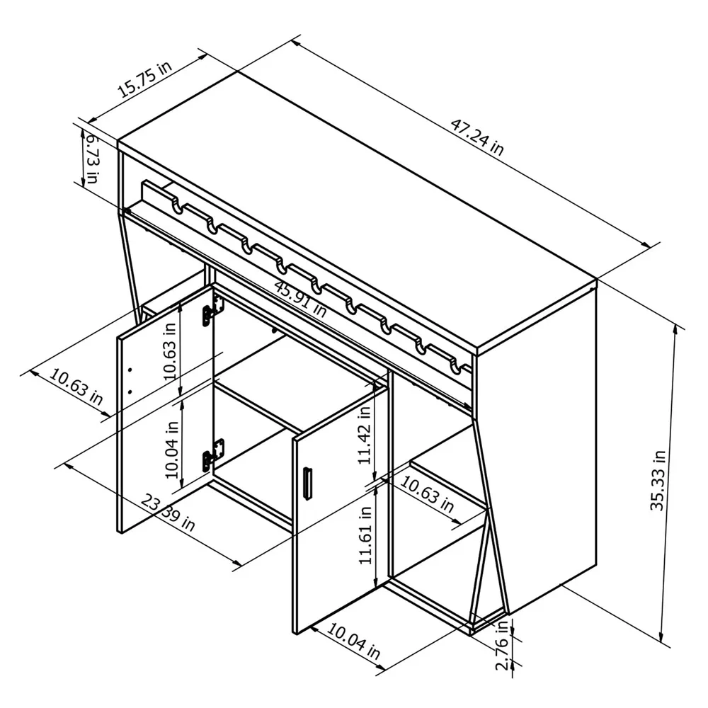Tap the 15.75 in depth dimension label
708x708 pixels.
144,79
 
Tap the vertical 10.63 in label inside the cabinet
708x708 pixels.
169,353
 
